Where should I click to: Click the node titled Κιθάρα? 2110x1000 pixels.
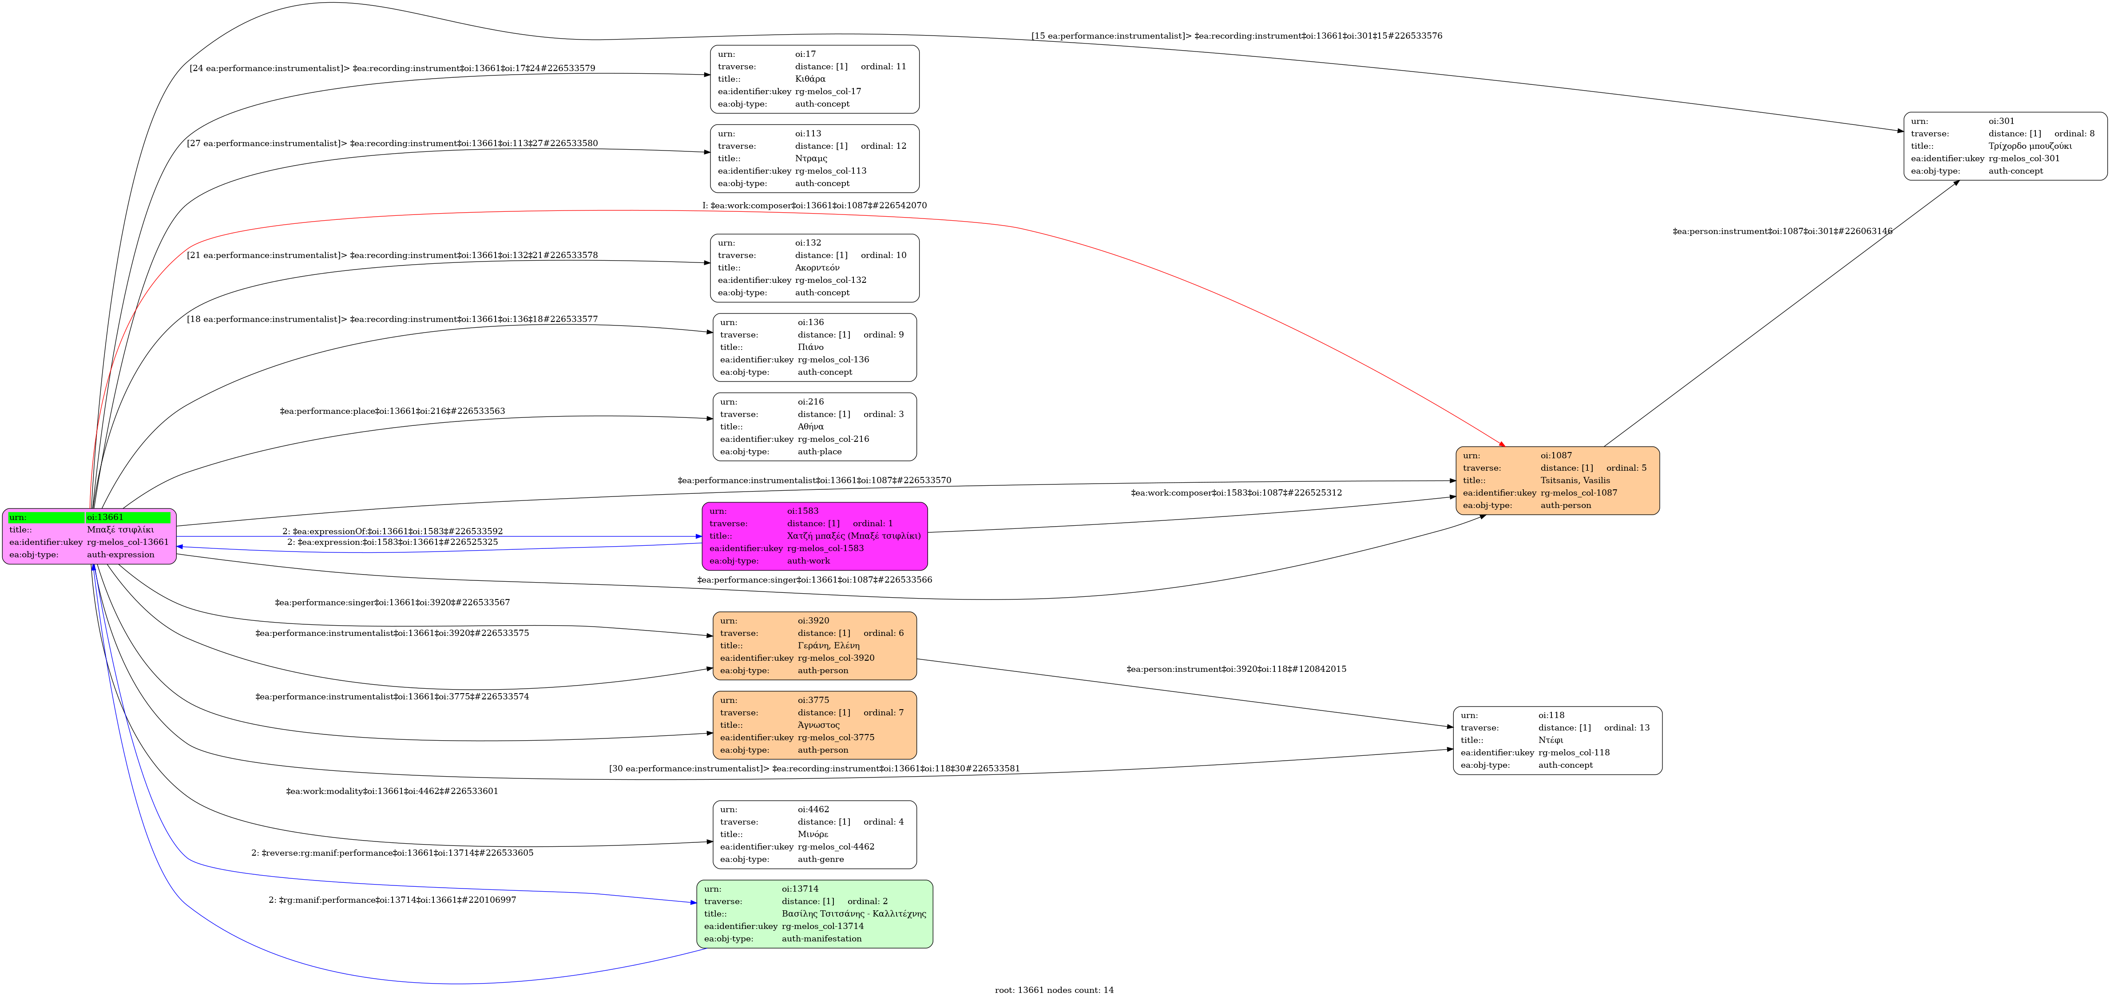click(x=814, y=79)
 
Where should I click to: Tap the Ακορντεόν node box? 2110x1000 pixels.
click(x=814, y=268)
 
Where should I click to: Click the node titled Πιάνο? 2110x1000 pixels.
click(x=814, y=347)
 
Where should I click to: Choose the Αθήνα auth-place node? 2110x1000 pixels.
click(x=814, y=427)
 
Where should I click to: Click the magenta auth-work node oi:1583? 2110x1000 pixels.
click(x=814, y=536)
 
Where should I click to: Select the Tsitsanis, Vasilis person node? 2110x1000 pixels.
click(x=1557, y=481)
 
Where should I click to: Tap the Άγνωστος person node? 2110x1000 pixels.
click(x=814, y=725)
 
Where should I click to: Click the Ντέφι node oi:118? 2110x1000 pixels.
click(x=1557, y=740)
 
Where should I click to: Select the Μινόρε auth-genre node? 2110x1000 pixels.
click(x=814, y=834)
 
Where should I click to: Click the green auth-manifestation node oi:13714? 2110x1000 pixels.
click(x=814, y=914)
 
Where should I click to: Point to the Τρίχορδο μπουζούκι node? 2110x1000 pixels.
click(x=2004, y=146)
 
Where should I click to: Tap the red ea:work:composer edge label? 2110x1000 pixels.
click(x=814, y=206)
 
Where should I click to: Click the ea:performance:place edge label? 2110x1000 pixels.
click(x=393, y=411)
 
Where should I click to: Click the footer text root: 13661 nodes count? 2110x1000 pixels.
click(x=1054, y=990)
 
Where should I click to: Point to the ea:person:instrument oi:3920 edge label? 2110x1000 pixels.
click(x=1236, y=669)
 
